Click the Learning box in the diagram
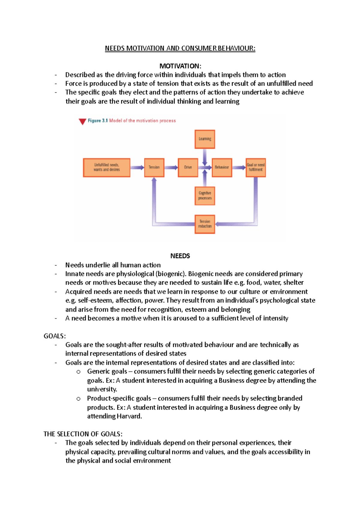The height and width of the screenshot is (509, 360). pos(205,139)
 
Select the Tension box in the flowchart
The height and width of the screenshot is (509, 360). pos(154,168)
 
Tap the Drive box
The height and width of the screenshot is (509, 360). pos(188,168)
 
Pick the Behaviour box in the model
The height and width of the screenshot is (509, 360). pos(222,168)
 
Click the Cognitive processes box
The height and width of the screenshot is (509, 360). pos(205,196)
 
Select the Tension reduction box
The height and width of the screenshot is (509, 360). pos(205,224)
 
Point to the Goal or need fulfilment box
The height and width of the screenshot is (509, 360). pos(256,168)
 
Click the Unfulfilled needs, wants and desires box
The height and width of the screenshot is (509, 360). pos(106,168)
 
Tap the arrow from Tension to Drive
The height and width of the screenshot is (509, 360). pos(171,168)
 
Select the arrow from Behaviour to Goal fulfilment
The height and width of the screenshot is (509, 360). pos(239,168)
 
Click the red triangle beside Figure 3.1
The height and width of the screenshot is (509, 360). pos(82,121)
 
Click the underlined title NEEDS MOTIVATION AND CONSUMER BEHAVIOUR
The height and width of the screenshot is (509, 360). pos(180,48)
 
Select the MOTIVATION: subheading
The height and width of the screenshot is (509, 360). pos(180,66)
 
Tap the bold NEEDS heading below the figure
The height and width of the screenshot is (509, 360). pos(180,256)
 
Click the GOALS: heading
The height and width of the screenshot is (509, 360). pos(55,336)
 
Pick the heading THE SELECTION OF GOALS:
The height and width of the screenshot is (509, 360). pos(83,434)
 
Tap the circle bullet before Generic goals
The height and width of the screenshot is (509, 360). pos(78,372)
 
